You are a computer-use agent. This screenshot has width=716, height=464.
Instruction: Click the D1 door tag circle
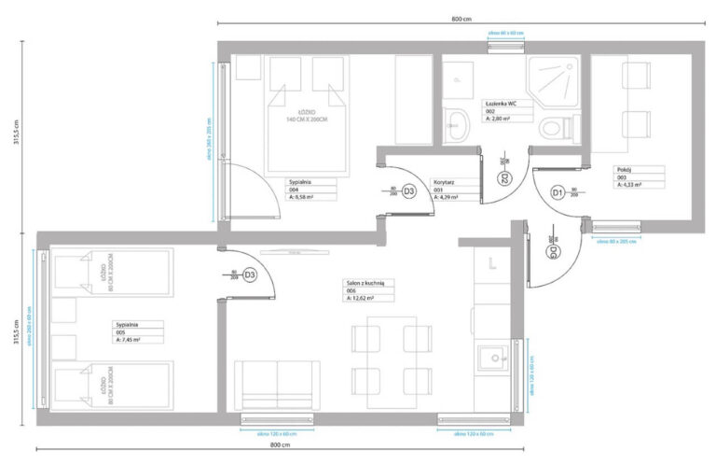(x=558, y=192)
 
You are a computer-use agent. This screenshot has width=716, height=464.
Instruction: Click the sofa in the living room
(x=277, y=385)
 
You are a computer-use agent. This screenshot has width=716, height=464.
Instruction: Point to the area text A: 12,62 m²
(x=359, y=299)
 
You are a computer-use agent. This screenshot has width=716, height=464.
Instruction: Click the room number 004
(x=294, y=190)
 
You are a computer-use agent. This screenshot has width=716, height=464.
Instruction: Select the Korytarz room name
(x=443, y=182)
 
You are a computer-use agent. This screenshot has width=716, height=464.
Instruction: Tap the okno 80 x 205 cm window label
(x=616, y=241)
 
